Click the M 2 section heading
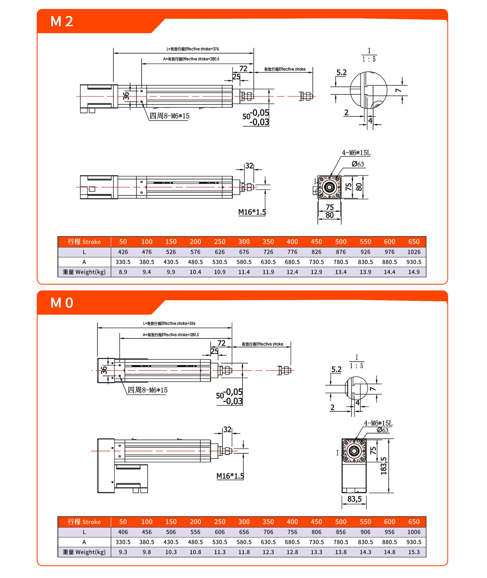click(62, 21)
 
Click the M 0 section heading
click(62, 303)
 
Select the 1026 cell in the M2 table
click(414, 252)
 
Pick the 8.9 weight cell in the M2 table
click(123, 272)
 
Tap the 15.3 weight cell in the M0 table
click(414, 552)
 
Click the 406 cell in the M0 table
click(123, 532)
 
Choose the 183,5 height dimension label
click(384, 466)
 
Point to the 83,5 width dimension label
click(354, 499)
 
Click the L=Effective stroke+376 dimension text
click(193, 49)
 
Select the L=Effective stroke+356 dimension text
click(169, 323)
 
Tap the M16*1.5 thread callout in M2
click(252, 212)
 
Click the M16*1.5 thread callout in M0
click(230, 476)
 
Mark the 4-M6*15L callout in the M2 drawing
click(356, 153)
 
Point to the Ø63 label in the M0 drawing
click(383, 430)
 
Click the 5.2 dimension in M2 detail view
click(341, 73)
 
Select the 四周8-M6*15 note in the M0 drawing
click(148, 390)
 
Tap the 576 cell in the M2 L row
click(195, 252)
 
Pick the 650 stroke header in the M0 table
click(414, 522)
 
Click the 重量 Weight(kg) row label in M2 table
click(84, 272)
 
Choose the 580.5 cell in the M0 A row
click(244, 542)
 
